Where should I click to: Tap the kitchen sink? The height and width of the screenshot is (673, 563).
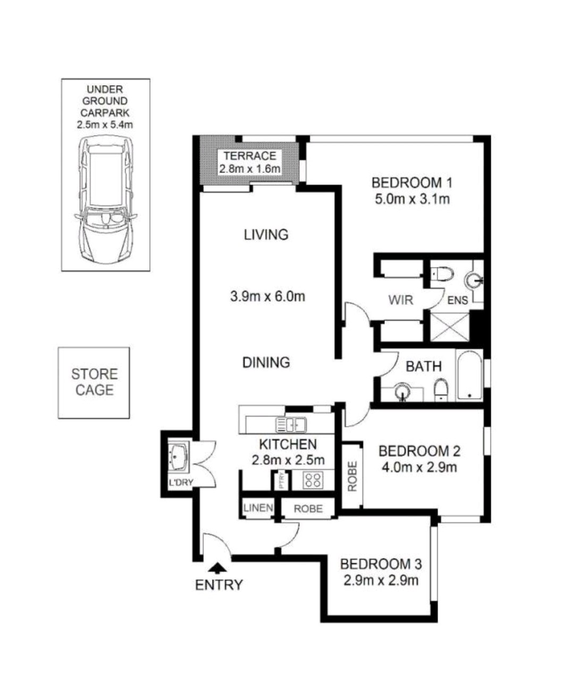coord(291,425)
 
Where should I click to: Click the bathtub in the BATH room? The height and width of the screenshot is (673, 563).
coord(469,375)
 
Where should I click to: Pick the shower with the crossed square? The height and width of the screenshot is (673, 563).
coord(450,327)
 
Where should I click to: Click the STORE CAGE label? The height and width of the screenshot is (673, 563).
coord(95,382)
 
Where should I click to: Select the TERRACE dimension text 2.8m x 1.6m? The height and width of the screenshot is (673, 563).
coord(250,169)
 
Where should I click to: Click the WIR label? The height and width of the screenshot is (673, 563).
coord(400,300)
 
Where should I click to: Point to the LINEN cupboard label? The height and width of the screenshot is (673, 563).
coord(258,508)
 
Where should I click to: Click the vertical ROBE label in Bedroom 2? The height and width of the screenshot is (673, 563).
coord(352,476)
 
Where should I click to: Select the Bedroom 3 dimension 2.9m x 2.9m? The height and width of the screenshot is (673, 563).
coord(381,580)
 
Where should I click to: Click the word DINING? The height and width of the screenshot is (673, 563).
coord(266,363)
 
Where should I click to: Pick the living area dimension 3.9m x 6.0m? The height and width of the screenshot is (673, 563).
coord(267,296)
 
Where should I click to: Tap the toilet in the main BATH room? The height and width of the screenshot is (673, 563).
coord(441,390)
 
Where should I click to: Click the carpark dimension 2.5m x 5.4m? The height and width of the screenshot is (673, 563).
coord(105,124)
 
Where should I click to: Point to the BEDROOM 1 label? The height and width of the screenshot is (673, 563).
coord(412,183)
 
